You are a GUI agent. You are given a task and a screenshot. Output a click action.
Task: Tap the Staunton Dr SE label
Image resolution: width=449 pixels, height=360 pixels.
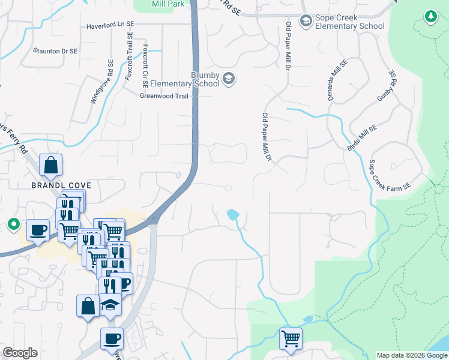[56, 52]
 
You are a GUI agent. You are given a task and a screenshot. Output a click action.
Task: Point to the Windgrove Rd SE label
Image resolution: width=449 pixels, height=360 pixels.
[101, 82]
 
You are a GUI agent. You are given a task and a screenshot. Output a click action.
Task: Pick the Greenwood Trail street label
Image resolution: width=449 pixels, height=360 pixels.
[164, 95]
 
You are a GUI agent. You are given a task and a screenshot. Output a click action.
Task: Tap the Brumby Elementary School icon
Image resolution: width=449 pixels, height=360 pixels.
[228, 78]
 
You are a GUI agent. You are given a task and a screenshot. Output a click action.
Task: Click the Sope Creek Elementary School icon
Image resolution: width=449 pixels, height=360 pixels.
[306, 22]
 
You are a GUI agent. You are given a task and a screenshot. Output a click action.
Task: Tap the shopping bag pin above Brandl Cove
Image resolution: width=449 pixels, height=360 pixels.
[51, 164]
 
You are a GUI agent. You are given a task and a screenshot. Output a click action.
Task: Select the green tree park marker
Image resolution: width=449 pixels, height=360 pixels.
[430, 17]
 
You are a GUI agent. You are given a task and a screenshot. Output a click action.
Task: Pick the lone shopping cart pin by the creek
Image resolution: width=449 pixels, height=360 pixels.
[291, 338]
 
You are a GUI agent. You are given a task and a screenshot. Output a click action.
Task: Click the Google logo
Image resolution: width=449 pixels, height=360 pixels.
[20, 353]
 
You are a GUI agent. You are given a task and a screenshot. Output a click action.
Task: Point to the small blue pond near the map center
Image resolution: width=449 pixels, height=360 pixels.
[232, 214]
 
